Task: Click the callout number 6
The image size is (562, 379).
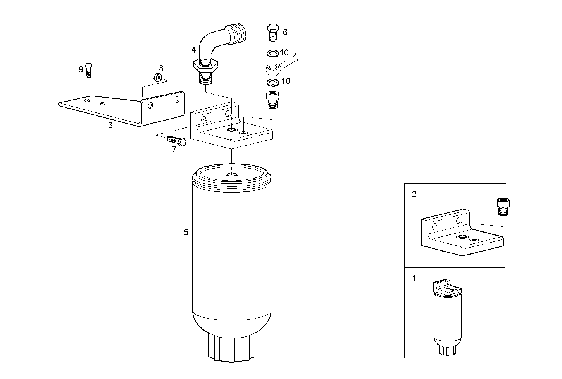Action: pyautogui.click(x=285, y=32)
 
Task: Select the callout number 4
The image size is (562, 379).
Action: pyautogui.click(x=193, y=50)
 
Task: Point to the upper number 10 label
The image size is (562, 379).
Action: pyautogui.click(x=284, y=53)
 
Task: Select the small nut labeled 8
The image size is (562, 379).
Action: pyautogui.click(x=158, y=77)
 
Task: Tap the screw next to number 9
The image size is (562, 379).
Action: pyautogui.click(x=88, y=70)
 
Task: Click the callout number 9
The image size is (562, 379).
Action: pyautogui.click(x=81, y=69)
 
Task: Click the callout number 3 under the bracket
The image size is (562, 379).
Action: pyautogui.click(x=110, y=125)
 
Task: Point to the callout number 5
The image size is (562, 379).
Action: pyautogui.click(x=186, y=232)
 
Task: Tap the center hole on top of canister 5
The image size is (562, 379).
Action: pyautogui.click(x=232, y=175)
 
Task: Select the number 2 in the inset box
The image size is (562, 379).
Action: pyautogui.click(x=414, y=195)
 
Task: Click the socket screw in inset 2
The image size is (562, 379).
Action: pyautogui.click(x=502, y=206)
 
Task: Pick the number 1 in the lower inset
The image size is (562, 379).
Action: pyautogui.click(x=414, y=278)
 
